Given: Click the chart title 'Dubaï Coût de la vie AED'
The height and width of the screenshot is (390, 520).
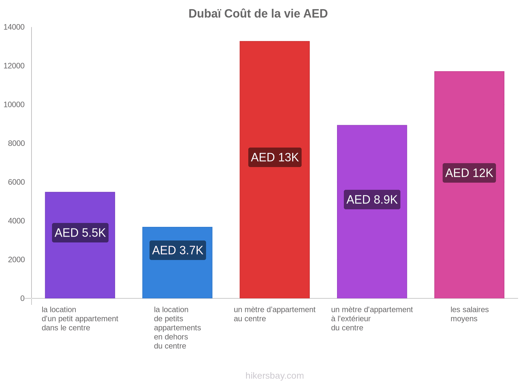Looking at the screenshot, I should tap(258, 14).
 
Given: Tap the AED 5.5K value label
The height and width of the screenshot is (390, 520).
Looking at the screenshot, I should tap(80, 233).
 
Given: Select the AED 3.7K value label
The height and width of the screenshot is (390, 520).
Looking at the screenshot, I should tap(178, 250).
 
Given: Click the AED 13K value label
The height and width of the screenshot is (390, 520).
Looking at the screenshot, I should tap(275, 157).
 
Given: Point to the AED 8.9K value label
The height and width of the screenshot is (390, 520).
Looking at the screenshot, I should tap(372, 200).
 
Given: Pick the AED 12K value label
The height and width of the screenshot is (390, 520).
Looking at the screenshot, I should tap(469, 173).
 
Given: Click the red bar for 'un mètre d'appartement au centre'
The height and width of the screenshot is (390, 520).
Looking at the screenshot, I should tap(275, 97).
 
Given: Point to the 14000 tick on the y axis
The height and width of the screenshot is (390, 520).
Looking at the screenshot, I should tap(14, 27).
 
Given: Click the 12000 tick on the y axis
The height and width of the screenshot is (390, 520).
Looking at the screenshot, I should tap(14, 66).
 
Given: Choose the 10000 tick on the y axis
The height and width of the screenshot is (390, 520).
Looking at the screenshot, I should tap(14, 105).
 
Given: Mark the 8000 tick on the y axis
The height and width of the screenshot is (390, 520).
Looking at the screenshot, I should tap(16, 143).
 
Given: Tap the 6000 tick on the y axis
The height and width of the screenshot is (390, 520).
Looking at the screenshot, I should tap(16, 182).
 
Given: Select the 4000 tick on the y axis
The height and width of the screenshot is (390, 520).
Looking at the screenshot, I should tap(16, 221).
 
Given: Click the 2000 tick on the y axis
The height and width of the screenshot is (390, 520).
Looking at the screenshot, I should tap(16, 260).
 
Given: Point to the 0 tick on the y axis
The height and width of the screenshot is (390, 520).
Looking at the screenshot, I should tap(22, 298).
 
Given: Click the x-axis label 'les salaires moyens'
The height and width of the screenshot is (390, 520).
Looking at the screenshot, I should tap(469, 314).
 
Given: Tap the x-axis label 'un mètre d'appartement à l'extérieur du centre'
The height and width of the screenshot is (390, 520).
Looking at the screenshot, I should tap(372, 319).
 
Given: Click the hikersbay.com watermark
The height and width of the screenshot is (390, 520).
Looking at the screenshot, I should tap(275, 376).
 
